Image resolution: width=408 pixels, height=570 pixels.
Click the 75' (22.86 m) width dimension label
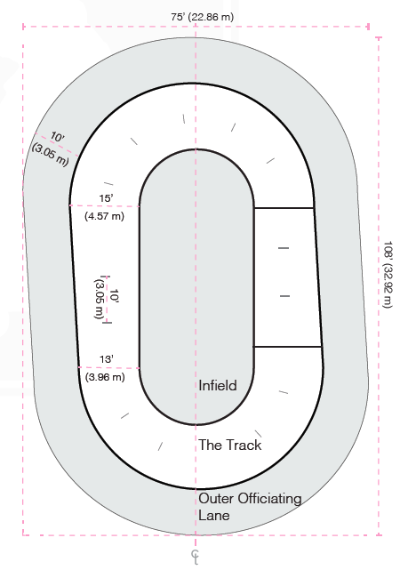click(203, 17)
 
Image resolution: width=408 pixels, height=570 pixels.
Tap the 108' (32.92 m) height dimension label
click(388, 274)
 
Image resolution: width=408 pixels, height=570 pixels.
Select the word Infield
click(218, 385)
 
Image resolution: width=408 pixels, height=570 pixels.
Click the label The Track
click(230, 445)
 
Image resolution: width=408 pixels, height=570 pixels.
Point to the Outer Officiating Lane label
click(250, 507)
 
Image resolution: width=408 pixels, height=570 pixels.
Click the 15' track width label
click(106, 198)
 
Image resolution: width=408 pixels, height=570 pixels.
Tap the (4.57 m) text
click(105, 216)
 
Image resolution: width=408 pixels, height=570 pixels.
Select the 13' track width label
click(107, 359)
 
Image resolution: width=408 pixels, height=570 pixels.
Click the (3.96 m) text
click(105, 377)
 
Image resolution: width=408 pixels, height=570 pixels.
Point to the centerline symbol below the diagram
click(196, 557)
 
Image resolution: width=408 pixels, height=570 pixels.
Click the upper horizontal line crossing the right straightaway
click(284, 208)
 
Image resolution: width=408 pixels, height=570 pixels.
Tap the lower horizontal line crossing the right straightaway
click(287, 347)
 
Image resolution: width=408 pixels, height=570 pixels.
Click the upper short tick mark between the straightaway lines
click(284, 248)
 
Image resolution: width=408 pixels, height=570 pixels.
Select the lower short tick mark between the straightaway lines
click(284, 296)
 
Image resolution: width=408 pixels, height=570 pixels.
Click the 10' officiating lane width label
click(57, 137)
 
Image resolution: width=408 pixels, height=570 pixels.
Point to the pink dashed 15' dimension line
click(104, 205)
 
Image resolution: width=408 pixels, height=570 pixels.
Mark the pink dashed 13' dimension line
click(109, 367)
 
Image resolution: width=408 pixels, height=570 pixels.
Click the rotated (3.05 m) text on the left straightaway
click(98, 299)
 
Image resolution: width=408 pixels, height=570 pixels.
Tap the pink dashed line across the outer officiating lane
click(56, 145)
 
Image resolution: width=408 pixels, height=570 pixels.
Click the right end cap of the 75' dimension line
click(368, 27)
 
